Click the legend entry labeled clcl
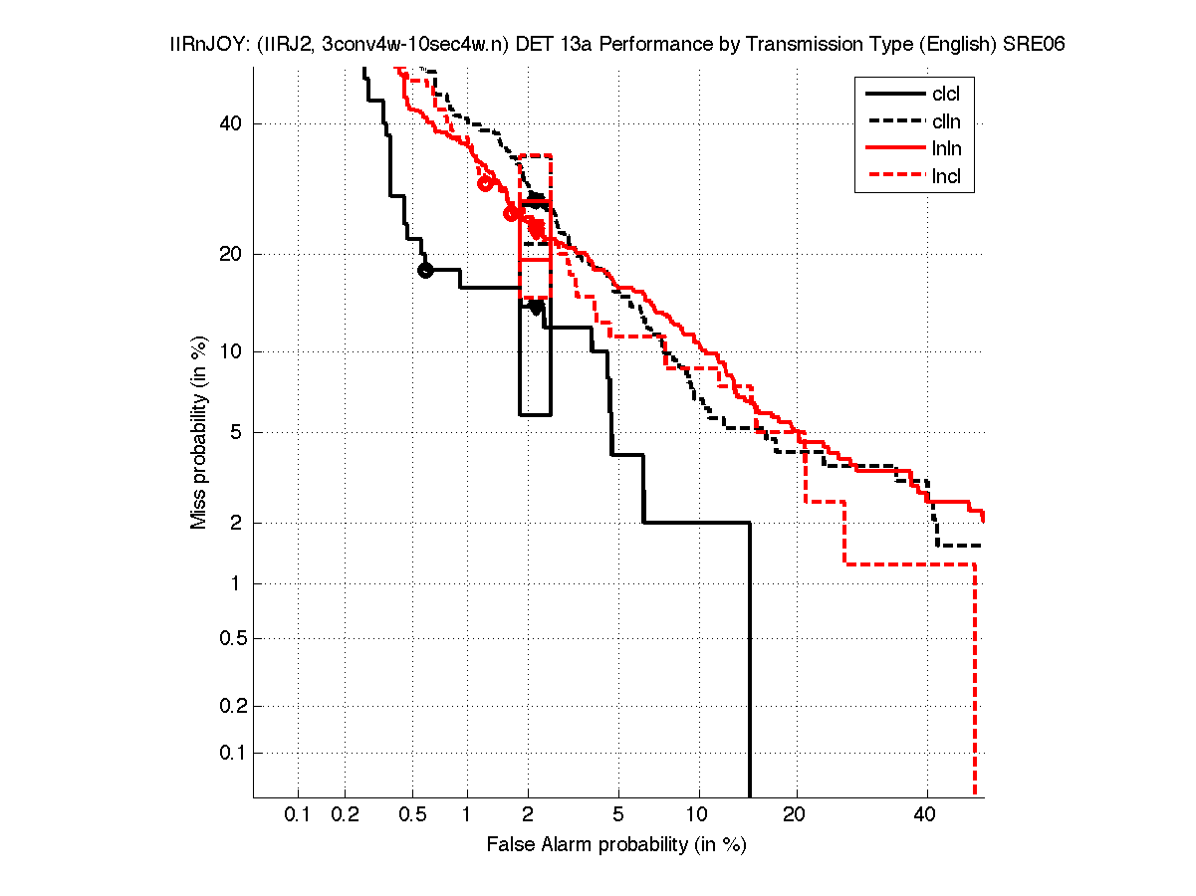pos(946,95)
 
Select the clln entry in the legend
pos(946,122)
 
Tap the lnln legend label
pos(946,150)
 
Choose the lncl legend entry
pos(946,178)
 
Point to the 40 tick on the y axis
pos(232,123)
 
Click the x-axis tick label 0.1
pos(298,815)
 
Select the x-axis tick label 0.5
pos(412,815)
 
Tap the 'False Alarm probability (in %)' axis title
pos(616,845)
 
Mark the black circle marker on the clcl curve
pos(425,270)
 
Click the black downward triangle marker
pos(536,308)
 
